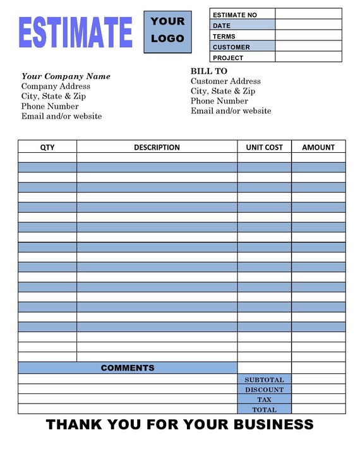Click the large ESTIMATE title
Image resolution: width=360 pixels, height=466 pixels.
click(x=76, y=32)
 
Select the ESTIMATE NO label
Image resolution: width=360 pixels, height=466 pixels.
click(x=234, y=15)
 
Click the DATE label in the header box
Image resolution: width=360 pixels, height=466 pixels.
click(x=222, y=25)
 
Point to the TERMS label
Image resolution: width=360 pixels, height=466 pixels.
click(x=224, y=36)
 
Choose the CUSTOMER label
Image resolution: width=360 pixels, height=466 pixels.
click(x=231, y=47)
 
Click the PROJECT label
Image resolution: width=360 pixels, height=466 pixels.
click(x=228, y=57)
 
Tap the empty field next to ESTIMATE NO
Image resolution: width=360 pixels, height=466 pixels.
click(x=308, y=15)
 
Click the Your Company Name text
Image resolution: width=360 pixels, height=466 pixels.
click(x=66, y=76)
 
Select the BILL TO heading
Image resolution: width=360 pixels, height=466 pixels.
click(x=209, y=71)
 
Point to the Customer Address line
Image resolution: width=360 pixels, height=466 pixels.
click(x=225, y=81)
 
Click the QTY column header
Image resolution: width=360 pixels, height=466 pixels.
click(x=47, y=147)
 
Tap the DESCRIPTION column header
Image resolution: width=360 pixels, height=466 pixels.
click(x=157, y=147)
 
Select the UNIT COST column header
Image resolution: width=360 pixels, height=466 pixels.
click(x=264, y=147)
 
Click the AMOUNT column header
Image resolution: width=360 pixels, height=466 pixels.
click(x=318, y=147)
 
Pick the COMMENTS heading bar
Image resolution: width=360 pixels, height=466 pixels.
click(x=128, y=367)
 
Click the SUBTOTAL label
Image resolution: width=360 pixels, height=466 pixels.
click(x=264, y=380)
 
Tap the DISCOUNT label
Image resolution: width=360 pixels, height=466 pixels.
click(x=264, y=390)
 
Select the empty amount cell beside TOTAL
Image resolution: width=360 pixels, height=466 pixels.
click(x=318, y=409)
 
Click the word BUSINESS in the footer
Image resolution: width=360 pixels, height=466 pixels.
click(x=272, y=424)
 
